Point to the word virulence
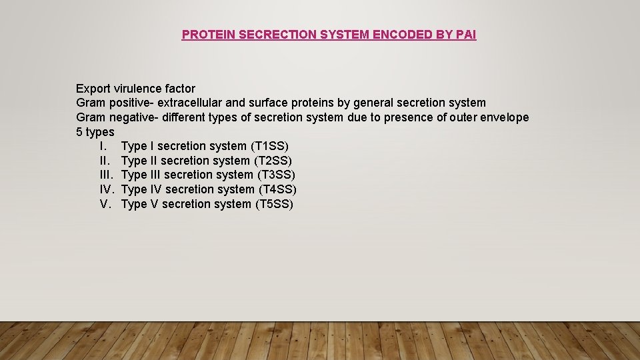click(137, 88)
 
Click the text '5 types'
click(95, 132)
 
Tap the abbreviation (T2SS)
click(273, 161)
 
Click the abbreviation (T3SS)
click(275, 175)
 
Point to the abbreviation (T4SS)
click(277, 189)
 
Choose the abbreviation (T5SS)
click(274, 204)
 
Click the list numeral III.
click(107, 175)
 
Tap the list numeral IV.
click(107, 189)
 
